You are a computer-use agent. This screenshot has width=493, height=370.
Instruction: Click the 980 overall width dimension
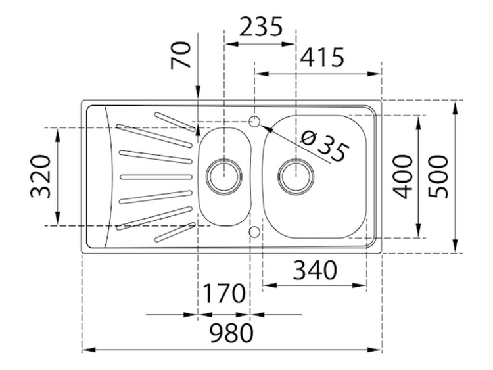click(231, 333)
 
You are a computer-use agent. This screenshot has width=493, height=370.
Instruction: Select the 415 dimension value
click(322, 57)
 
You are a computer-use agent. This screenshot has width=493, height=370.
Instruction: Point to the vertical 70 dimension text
click(181, 55)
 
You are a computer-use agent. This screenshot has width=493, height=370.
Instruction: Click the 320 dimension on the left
click(40, 176)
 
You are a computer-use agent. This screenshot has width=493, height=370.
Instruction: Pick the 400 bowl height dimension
click(403, 177)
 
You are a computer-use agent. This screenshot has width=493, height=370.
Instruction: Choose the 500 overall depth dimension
click(438, 176)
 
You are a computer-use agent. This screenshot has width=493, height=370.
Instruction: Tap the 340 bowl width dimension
click(315, 270)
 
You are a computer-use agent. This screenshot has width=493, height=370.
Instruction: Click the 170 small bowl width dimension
click(224, 293)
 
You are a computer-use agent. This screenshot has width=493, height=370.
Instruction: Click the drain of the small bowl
click(224, 176)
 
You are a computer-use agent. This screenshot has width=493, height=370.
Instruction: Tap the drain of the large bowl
click(296, 176)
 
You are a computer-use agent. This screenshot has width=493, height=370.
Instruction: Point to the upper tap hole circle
click(254, 122)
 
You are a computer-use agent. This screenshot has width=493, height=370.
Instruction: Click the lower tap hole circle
click(254, 232)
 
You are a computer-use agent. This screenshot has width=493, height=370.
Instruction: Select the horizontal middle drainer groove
click(156, 177)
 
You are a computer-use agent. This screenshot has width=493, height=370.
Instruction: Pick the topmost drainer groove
click(174, 121)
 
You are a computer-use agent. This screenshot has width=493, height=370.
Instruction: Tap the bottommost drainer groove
click(174, 233)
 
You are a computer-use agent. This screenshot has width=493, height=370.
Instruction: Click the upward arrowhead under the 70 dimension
click(198, 131)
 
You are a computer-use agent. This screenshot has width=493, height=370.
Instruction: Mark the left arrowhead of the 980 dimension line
click(89, 350)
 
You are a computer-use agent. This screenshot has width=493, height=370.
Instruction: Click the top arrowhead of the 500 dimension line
click(455, 107)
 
